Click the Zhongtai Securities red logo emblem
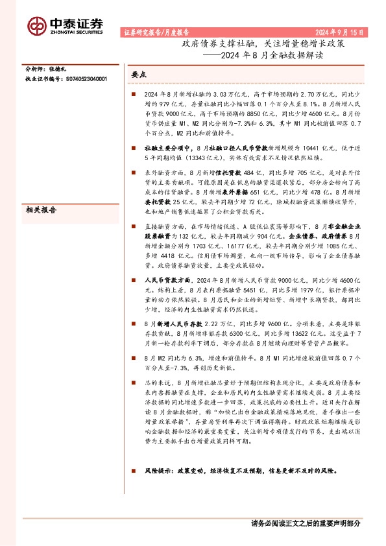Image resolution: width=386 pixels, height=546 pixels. [36, 25]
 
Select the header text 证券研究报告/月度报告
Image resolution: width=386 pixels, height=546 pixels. [156, 31]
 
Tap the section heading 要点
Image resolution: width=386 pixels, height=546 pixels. [139, 75]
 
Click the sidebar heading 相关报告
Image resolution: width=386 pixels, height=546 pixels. [40, 210]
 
